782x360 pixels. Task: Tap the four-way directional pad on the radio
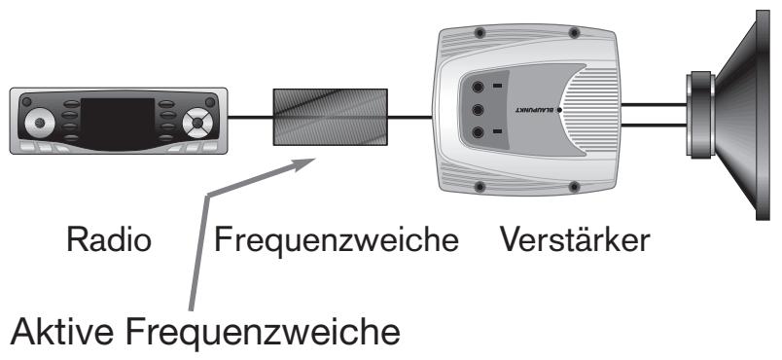click(199, 123)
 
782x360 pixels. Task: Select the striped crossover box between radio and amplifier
click(331, 117)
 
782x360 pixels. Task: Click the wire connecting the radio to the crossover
click(249, 117)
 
